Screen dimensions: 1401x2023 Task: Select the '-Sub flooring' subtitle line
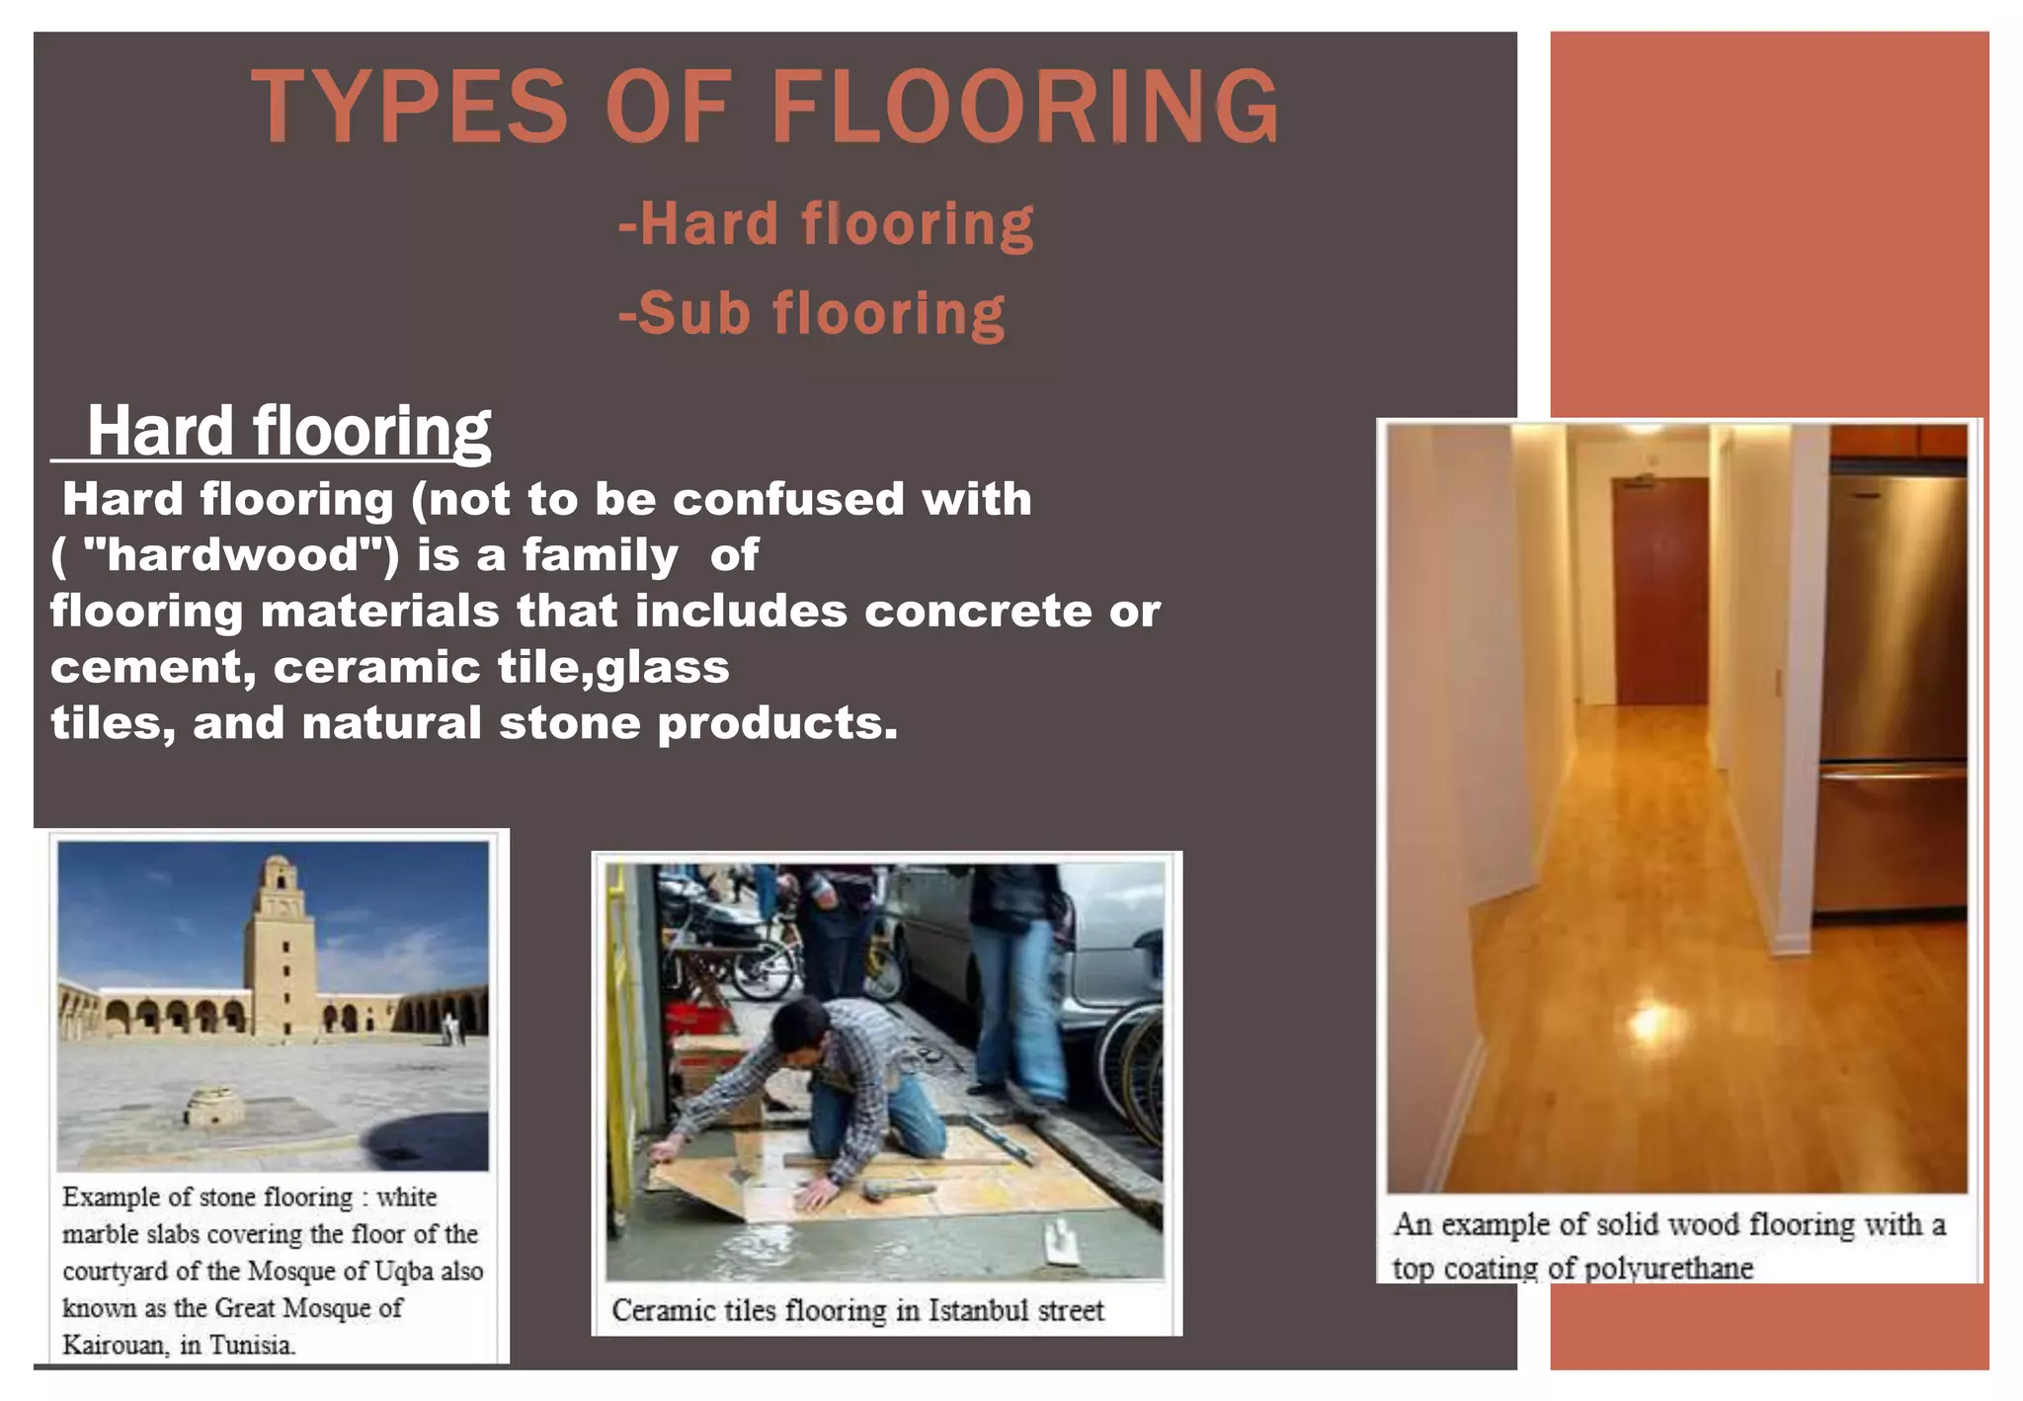(x=812, y=314)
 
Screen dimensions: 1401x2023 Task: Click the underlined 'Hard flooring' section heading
(x=287, y=431)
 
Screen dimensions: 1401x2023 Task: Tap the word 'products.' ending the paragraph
(x=777, y=724)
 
